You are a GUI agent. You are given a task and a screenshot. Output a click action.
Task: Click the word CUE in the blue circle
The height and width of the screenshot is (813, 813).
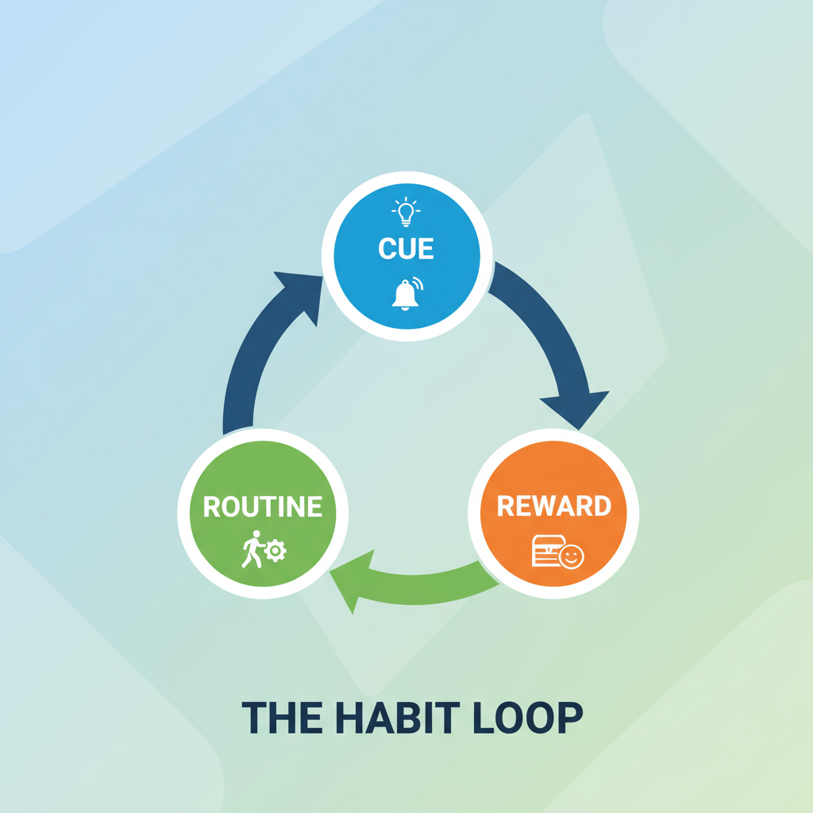(406, 249)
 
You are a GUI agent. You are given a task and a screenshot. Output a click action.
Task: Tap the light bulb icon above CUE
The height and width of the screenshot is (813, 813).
(406, 211)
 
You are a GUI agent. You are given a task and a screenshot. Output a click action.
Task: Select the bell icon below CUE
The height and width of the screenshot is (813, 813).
(406, 294)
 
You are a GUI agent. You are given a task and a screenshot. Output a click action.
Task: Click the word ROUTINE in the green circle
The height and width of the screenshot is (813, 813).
(262, 507)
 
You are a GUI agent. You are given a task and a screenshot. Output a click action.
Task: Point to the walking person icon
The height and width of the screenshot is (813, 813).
(253, 549)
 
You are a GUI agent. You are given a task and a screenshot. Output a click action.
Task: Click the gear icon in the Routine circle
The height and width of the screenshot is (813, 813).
(275, 551)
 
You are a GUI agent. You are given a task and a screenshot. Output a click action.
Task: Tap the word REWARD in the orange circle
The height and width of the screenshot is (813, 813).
(553, 506)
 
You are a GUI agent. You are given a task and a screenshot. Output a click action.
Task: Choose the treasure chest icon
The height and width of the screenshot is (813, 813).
(548, 551)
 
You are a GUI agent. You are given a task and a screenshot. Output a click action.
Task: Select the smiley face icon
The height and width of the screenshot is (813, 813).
(572, 557)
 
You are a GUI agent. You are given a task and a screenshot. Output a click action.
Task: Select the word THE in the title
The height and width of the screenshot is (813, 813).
(282, 718)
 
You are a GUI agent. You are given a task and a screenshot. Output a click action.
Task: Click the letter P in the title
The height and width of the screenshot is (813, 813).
(571, 718)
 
